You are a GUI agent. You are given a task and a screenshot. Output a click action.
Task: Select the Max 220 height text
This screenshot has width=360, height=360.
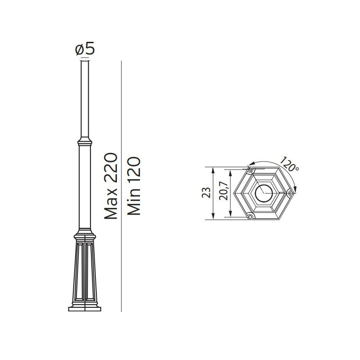point(111,186)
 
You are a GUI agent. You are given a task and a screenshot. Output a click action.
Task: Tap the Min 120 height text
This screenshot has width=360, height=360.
point(134,186)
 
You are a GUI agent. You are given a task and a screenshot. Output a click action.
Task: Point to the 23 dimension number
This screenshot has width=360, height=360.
point(206,193)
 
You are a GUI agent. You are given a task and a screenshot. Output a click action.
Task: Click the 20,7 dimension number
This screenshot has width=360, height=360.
point(223,190)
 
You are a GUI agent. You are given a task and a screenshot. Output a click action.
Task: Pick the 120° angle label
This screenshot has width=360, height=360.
point(289,164)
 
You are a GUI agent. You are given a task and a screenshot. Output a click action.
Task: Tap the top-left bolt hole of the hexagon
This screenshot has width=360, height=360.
point(250,170)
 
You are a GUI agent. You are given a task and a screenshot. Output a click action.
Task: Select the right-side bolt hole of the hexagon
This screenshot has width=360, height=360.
point(291,193)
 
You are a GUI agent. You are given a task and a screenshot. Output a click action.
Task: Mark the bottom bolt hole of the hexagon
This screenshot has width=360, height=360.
point(251,216)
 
